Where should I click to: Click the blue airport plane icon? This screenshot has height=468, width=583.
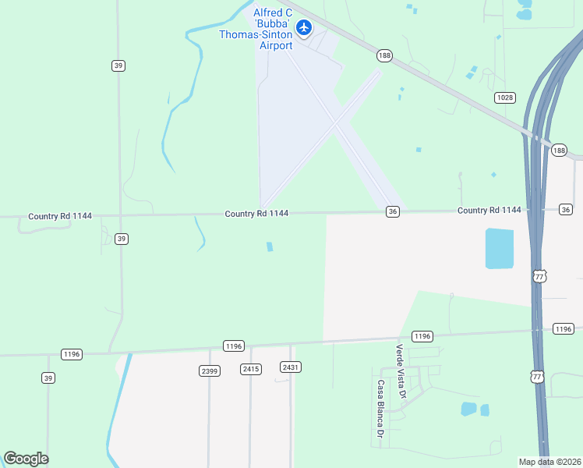tap(304, 29)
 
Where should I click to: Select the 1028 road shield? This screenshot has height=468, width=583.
tap(504, 97)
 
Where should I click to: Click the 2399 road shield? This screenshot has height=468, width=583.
tap(209, 370)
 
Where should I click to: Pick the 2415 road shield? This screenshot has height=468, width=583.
tap(250, 369)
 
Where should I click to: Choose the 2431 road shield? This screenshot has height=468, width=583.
tap(291, 367)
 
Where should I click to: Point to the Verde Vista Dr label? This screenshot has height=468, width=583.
tap(401, 371)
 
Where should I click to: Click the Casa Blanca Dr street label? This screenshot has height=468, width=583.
tap(381, 408)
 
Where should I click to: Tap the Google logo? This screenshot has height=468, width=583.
tap(26, 459)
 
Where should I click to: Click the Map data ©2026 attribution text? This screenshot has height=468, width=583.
tap(549, 462)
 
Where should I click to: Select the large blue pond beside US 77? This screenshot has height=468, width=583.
tap(500, 249)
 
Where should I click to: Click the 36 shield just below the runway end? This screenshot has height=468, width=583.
tap(393, 211)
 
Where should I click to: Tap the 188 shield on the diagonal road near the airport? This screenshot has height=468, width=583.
tap(384, 56)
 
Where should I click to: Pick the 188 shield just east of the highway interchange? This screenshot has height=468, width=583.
tap(558, 151)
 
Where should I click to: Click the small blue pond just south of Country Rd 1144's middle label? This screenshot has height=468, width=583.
tap(270, 246)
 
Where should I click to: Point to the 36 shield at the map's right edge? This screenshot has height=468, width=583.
tap(566, 209)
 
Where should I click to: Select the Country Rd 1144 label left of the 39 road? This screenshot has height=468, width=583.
tap(59, 216)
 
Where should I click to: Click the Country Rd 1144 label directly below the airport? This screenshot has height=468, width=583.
tap(256, 213)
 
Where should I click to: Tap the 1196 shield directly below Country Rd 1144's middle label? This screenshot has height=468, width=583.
tap(234, 346)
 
